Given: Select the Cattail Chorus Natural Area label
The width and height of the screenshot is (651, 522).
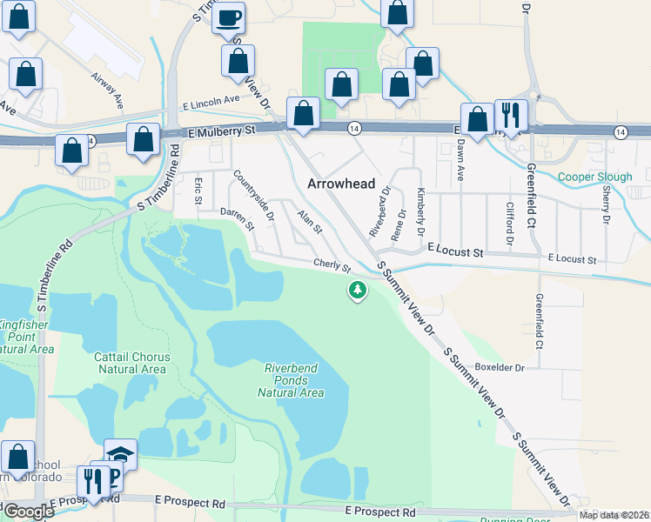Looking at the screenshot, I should pyautogui.click(x=131, y=363).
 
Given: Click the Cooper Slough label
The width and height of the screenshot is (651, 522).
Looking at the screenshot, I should pyautogui.click(x=594, y=177).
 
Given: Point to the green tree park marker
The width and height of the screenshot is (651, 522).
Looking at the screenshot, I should pyautogui.click(x=357, y=291).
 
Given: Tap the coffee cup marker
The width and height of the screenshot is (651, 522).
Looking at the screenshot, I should pyautogui.click(x=228, y=17).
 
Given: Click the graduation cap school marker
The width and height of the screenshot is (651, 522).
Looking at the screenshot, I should pyautogui.click(x=120, y=454).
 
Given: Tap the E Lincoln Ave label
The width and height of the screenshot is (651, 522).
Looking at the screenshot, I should pyautogui.click(x=210, y=101).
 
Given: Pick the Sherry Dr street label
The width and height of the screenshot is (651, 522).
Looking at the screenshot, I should pyautogui.click(x=605, y=202).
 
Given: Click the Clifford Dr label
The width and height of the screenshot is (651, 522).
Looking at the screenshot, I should pyautogui.click(x=510, y=223).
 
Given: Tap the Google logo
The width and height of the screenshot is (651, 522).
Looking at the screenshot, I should pyautogui.click(x=28, y=511).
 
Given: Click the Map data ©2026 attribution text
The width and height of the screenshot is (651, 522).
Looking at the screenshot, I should pyautogui.click(x=613, y=514).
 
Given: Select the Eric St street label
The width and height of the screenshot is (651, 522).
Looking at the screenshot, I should pyautogui.click(x=198, y=191).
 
